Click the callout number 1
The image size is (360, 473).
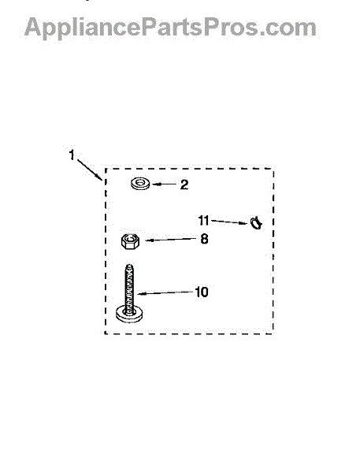coord(72,155)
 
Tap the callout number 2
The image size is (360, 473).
coord(184,184)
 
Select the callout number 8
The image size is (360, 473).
coord(204,239)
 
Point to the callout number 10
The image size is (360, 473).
coord(202,292)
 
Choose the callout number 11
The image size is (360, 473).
coord(203,221)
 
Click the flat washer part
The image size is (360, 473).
coord(140,184)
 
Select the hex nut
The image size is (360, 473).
coord(130,241)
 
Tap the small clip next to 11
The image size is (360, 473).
coord(256,223)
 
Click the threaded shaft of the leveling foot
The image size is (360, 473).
coord(130,287)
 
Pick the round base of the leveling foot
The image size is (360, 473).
coord(129,315)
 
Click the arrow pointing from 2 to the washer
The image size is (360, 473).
coord(165,184)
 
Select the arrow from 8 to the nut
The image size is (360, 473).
coord(171,240)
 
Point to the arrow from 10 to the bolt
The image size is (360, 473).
coord(165,292)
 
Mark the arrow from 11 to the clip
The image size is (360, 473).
coord(229,222)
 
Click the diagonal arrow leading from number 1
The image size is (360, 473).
coord(90,169)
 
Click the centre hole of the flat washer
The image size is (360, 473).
coord(140,183)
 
